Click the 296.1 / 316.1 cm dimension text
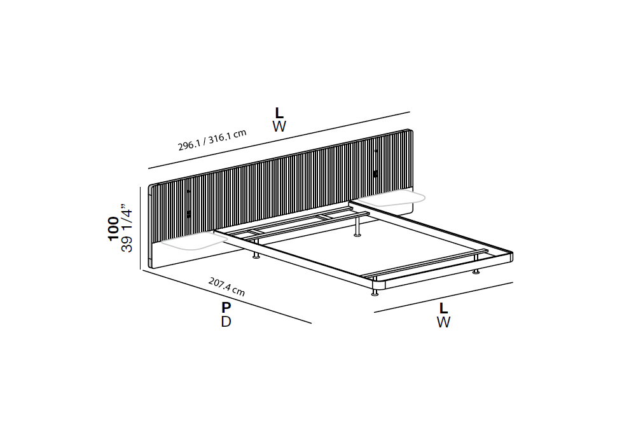point(212,139)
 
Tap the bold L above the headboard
point(279,113)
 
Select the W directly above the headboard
point(279,127)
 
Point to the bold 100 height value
point(113,229)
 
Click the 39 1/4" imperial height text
point(127,228)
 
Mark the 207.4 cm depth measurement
point(227,287)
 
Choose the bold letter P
point(226,308)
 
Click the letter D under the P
point(226,322)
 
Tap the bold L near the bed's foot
point(443,308)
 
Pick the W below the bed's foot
point(443,322)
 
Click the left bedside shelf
point(193,242)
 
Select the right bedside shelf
point(391,198)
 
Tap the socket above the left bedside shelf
point(189,214)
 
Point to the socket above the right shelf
point(375,174)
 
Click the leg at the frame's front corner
point(375,292)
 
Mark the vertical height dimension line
point(141,228)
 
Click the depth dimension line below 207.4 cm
point(227,297)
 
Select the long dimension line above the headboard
point(279,140)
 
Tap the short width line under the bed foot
point(443,297)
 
